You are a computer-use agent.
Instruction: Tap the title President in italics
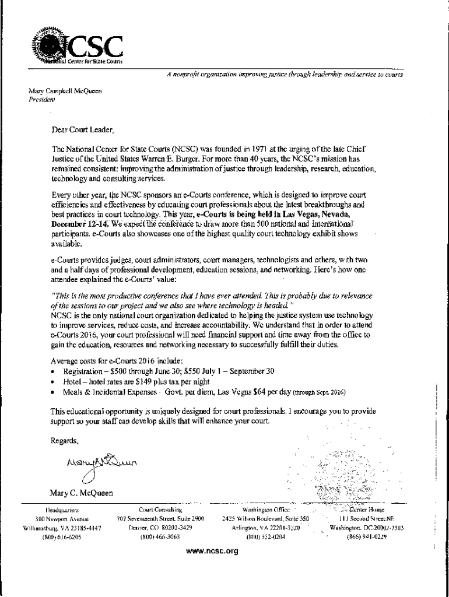41,99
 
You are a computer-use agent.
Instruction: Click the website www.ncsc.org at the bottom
213,550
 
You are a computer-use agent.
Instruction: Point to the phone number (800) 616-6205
62,538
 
